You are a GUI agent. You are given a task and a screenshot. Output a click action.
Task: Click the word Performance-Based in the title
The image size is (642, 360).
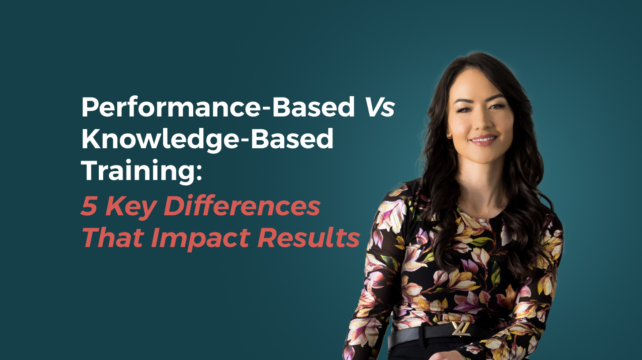pyautogui.click(x=218, y=107)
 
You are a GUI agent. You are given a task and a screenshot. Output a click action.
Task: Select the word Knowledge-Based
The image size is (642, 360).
pyautogui.click(x=208, y=139)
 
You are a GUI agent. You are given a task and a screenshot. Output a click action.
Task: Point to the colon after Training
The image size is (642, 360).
pyautogui.click(x=199, y=173)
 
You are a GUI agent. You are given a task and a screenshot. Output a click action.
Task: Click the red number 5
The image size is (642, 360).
pyautogui.click(x=90, y=206)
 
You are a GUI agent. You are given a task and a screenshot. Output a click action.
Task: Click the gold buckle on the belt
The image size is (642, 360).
pyautogui.click(x=461, y=328)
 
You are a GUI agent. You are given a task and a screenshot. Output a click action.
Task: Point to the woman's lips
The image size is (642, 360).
pyautogui.click(x=484, y=140)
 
